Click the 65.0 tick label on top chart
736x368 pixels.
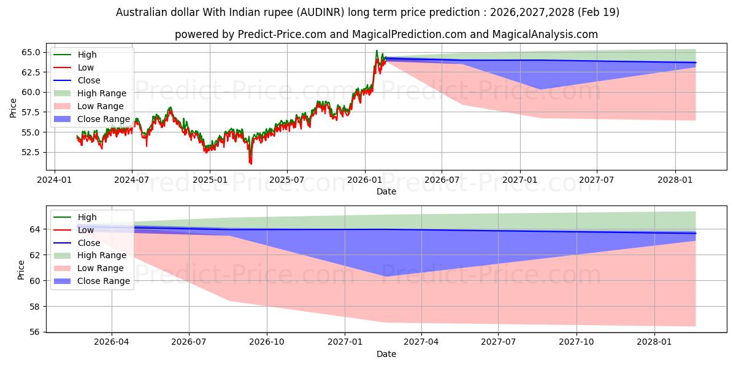(x=31, y=53)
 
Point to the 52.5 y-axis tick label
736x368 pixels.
(x=31, y=153)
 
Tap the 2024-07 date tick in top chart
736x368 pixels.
(x=132, y=180)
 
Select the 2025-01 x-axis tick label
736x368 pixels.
(x=210, y=180)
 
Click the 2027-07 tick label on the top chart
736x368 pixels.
(x=596, y=180)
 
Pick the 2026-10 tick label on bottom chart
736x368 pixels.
(x=267, y=342)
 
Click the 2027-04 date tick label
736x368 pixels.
(x=421, y=342)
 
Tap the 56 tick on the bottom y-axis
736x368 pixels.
(x=34, y=332)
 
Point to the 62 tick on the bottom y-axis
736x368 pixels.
(x=34, y=255)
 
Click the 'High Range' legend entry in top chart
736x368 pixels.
(x=102, y=93)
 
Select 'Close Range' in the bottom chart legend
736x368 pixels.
(x=104, y=282)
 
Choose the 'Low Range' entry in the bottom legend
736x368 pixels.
(x=100, y=269)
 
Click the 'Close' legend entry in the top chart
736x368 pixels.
(x=89, y=80)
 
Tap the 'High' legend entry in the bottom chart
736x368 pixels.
(x=87, y=217)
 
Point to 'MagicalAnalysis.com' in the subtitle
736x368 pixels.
(x=545, y=34)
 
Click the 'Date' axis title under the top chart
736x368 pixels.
(x=386, y=191)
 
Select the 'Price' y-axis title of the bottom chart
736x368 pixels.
(x=21, y=270)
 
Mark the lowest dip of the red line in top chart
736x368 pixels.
(x=251, y=164)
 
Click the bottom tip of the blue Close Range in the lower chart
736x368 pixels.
(x=386, y=277)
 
